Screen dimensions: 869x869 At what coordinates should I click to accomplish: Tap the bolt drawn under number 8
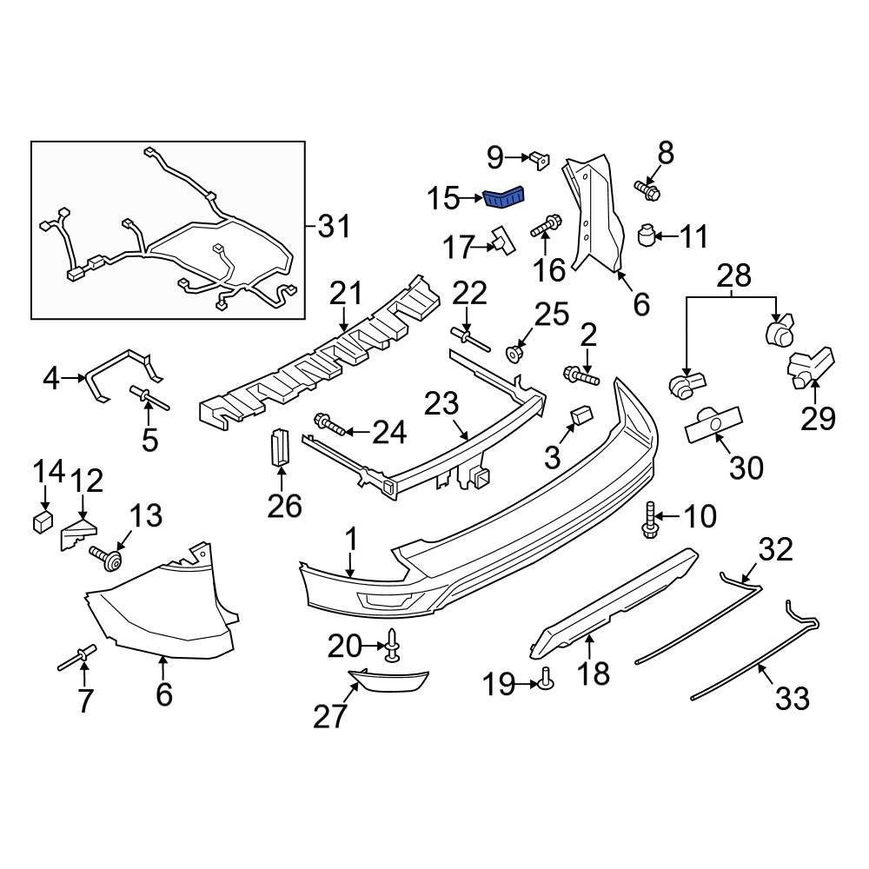coord(647,189)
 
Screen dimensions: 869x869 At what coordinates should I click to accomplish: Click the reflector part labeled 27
coord(393,678)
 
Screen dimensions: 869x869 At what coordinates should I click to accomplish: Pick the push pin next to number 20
coord(393,647)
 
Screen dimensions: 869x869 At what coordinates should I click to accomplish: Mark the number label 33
coord(792,697)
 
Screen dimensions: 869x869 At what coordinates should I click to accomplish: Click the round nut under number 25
coord(515,352)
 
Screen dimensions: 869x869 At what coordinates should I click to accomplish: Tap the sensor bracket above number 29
coord(810,365)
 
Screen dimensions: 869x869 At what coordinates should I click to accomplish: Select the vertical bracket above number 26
coord(279,447)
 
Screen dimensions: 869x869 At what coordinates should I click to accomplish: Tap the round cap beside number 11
coord(647,235)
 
